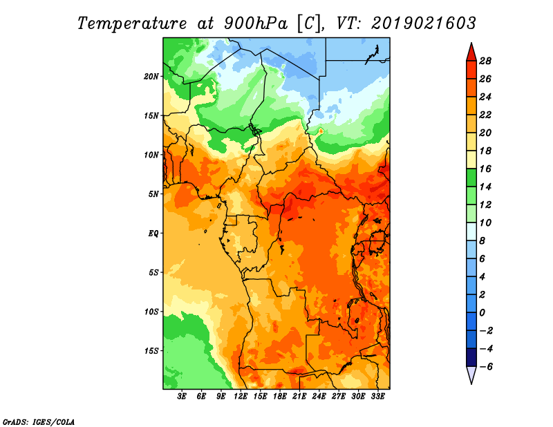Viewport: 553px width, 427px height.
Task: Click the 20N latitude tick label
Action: coord(151,77)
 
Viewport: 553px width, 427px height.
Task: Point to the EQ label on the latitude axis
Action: coord(153,234)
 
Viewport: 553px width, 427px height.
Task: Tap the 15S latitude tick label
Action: coord(151,351)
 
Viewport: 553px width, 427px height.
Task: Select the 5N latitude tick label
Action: coord(153,194)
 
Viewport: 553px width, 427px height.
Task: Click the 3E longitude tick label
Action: coord(182,397)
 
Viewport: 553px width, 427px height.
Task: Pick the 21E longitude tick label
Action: coord(299,397)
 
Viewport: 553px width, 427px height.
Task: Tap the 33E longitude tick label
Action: coord(377,397)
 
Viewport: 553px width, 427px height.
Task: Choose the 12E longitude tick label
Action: coord(240,397)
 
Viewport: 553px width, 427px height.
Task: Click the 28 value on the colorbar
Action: coord(485,61)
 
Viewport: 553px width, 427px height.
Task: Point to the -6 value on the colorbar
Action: coord(486,367)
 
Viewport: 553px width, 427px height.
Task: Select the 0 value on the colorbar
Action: coord(482,313)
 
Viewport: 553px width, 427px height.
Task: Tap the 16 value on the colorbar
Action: coord(485,169)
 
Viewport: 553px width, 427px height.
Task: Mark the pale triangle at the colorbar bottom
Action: coord(471,374)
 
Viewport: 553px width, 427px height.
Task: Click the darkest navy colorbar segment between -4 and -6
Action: coord(471,357)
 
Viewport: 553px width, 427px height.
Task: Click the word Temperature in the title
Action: coord(132,23)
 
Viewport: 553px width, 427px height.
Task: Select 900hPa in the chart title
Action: coord(255,23)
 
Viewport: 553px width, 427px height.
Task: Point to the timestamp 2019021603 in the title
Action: coord(424,23)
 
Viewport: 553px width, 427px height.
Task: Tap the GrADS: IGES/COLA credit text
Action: coord(39,422)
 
